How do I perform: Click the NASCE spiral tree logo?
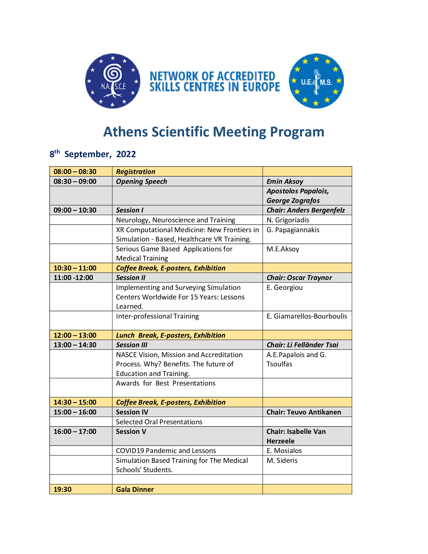[113, 81]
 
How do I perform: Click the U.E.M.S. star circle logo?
[316, 81]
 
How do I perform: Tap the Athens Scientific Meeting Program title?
[214, 132]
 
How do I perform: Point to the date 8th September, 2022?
[93, 154]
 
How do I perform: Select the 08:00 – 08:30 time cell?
[75, 172]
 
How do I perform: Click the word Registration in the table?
[136, 172]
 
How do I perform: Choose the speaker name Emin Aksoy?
[285, 181]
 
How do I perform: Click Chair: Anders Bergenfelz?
[306, 210]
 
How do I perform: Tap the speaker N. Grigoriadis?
[288, 220]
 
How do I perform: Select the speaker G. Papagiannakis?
[293, 230]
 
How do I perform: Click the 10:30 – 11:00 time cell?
[75, 268]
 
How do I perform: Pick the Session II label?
[131, 278]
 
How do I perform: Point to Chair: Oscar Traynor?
[299, 278]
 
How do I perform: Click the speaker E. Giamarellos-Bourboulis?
[307, 316]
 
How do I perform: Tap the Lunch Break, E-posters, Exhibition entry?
[171, 335]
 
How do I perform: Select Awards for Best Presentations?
[166, 383]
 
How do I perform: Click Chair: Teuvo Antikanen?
[304, 412]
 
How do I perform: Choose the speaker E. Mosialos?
[284, 451]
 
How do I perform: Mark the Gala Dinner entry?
[135, 489]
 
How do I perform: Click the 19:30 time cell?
[63, 489]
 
